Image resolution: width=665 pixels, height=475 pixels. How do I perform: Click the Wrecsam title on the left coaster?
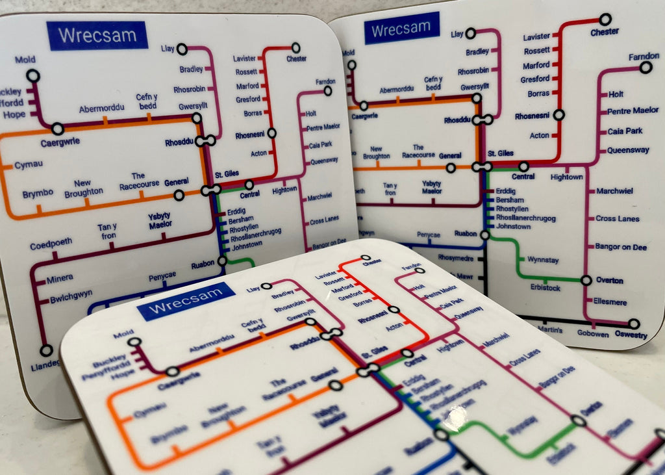tap(97, 35)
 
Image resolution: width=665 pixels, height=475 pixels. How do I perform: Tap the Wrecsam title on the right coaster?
tap(401, 28)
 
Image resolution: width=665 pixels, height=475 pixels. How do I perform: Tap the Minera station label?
tap(60, 280)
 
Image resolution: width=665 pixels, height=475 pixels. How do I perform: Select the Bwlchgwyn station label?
tap(71, 301)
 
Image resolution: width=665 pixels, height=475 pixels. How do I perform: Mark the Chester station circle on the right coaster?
tap(605, 19)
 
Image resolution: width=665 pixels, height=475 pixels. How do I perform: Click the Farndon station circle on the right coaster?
tap(646, 67)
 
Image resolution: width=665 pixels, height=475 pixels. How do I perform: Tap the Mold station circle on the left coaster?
tap(33, 76)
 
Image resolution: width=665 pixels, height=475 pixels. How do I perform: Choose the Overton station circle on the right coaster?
tap(586, 281)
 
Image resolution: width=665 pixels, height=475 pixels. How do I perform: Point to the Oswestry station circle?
tap(634, 324)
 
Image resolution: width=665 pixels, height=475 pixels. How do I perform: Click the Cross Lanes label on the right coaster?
tap(618, 219)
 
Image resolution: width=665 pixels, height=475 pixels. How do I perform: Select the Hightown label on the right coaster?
tap(566, 177)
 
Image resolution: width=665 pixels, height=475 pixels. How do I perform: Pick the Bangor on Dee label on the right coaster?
tap(622, 246)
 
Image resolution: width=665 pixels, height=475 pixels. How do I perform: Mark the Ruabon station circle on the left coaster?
tap(222, 261)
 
